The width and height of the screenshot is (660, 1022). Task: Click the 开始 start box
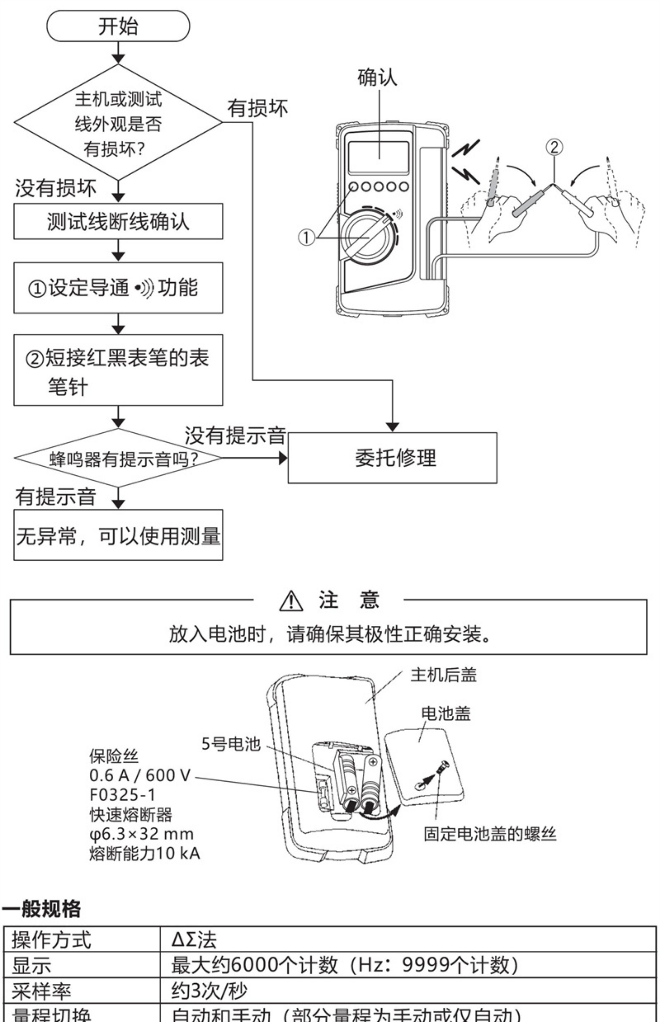[118, 26]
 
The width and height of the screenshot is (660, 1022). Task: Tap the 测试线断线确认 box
[118, 221]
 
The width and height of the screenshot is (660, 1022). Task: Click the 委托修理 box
[392, 458]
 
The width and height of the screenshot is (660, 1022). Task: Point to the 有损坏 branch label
[257, 108]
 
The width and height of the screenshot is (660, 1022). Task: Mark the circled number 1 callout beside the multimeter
[306, 237]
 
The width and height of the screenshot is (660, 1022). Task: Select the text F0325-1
[122, 795]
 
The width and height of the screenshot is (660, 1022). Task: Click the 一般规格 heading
[42, 908]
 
